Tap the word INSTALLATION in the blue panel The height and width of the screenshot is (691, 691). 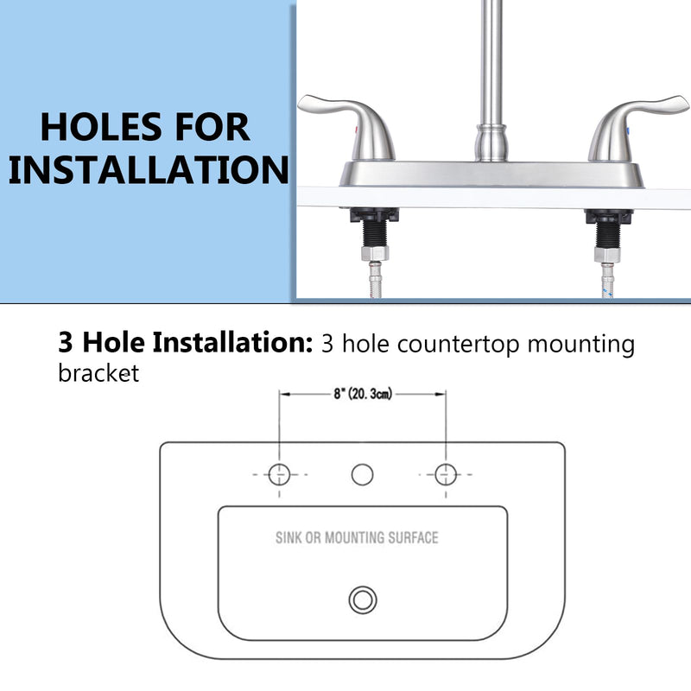pyautogui.click(x=149, y=170)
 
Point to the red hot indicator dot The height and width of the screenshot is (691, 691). pyautogui.click(x=357, y=130)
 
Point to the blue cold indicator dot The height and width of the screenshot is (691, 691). pyautogui.click(x=628, y=131)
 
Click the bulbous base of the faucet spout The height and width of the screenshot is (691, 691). pyautogui.click(x=491, y=143)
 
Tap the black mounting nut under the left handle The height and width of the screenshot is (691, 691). pyautogui.click(x=375, y=215)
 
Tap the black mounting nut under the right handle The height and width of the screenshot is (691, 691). pyautogui.click(x=609, y=217)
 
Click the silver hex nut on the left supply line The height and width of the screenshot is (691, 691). pyautogui.click(x=375, y=253)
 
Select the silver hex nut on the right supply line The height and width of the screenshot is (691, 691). pyautogui.click(x=607, y=255)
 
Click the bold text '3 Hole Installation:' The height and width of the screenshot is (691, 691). pyautogui.click(x=186, y=342)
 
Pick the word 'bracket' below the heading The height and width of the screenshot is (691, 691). pyautogui.click(x=98, y=373)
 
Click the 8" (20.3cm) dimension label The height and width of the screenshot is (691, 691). pyautogui.click(x=363, y=394)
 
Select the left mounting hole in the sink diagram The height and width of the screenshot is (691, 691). pyautogui.click(x=279, y=474)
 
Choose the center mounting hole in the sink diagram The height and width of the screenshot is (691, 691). pyautogui.click(x=362, y=474)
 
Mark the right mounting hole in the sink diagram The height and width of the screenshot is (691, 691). pyautogui.click(x=446, y=474)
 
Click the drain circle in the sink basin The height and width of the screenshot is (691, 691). pyautogui.click(x=363, y=599)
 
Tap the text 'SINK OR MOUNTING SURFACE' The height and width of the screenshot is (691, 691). pyautogui.click(x=357, y=537)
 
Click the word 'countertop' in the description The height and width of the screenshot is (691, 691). pyautogui.click(x=459, y=344)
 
